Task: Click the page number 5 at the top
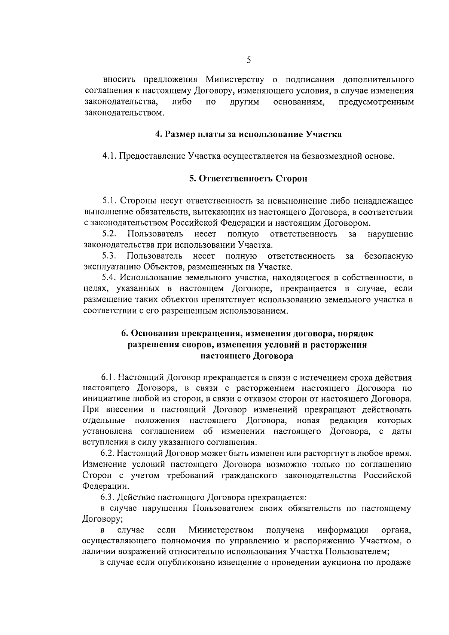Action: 249,60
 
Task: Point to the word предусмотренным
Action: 376,102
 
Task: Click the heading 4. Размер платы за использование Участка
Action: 248,134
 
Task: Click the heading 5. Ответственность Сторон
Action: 248,178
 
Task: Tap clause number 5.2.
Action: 109,234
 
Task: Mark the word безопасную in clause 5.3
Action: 388,256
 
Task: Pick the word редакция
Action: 348,420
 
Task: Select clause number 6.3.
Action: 107,497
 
